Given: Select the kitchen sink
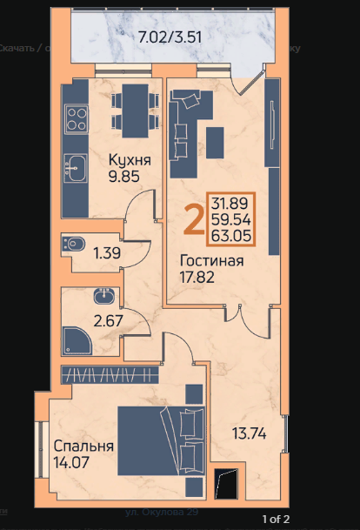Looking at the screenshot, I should pos(75,166).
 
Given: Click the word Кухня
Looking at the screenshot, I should pos(130,160).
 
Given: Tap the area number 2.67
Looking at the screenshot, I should pos(108,319).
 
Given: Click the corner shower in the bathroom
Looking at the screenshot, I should pos(76,339).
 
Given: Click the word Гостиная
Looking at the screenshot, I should pos(211,260).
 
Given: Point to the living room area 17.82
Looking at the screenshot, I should pos(198,278).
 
